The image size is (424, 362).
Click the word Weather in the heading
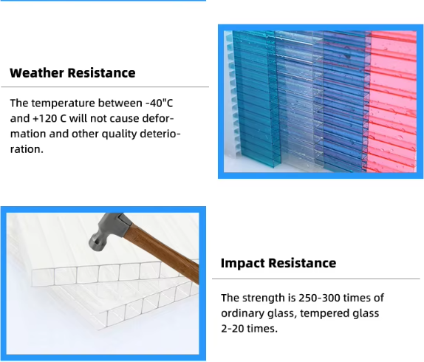point(37,73)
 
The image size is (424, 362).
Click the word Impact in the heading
point(242,263)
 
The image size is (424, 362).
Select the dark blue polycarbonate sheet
point(343,100)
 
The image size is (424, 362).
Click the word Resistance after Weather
point(101,73)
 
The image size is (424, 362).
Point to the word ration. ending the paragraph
point(27,149)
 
